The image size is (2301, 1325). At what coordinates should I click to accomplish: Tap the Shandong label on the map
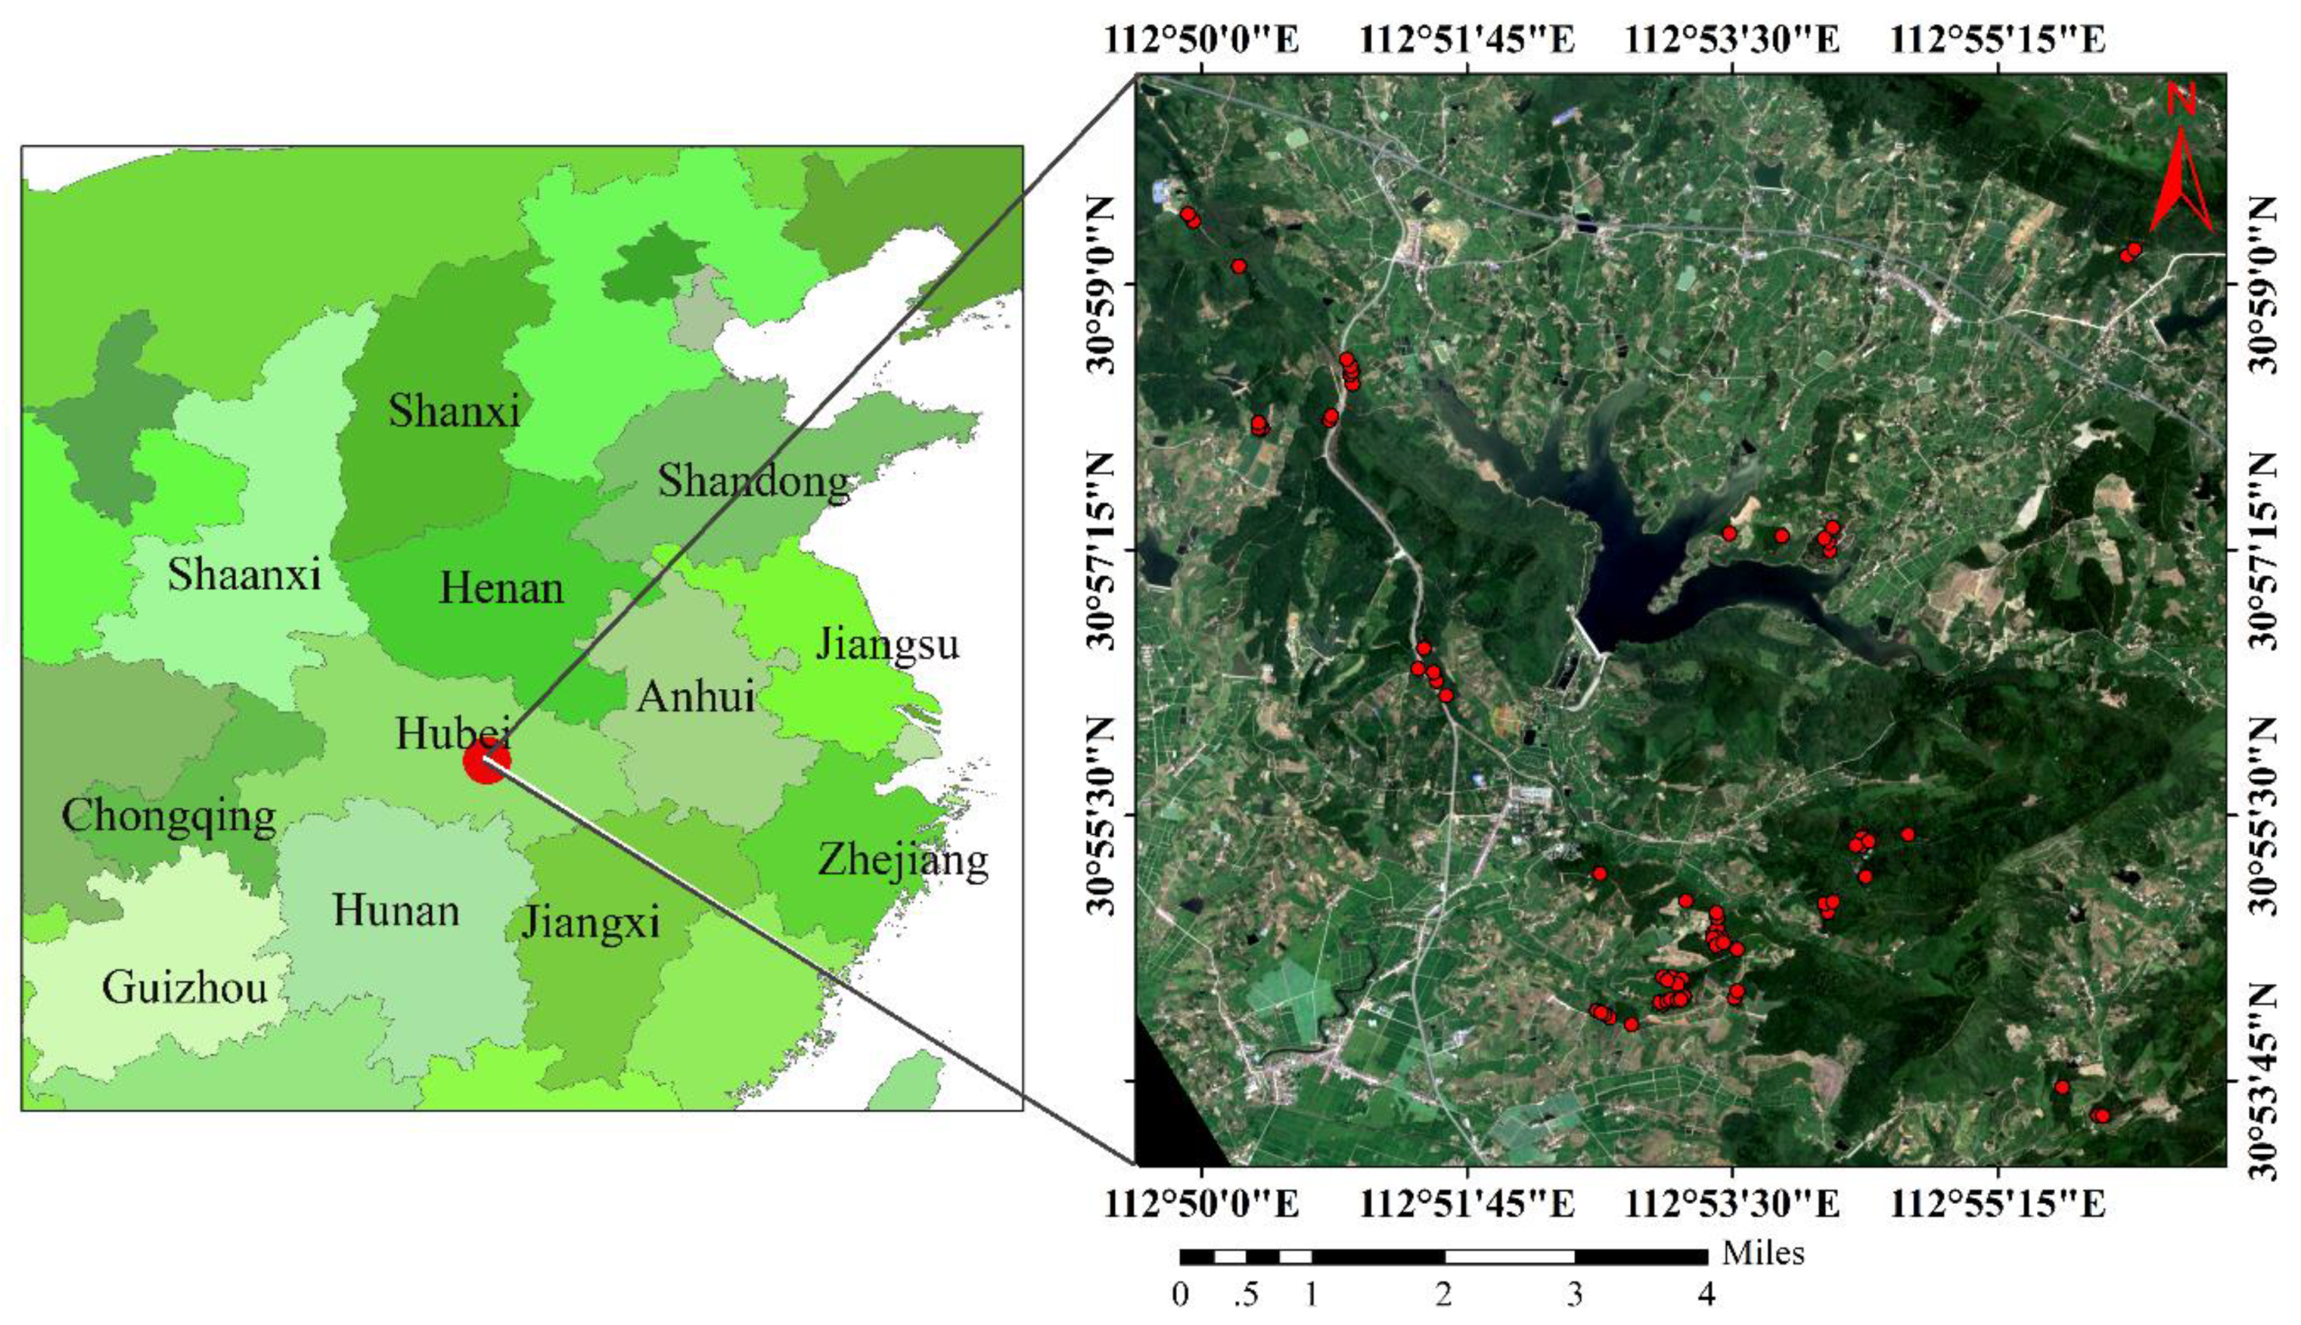pyautogui.click(x=753, y=481)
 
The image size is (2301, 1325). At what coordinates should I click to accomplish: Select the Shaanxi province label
pyautogui.click(x=244, y=576)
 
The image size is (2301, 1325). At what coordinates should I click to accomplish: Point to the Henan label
pyautogui.click(x=502, y=589)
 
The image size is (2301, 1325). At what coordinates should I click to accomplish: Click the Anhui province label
pyautogui.click(x=695, y=697)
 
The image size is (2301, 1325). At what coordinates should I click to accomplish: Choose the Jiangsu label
pyautogui.click(x=886, y=645)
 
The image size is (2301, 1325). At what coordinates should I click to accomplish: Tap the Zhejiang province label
pyautogui.click(x=902, y=860)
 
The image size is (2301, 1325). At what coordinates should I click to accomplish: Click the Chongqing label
pyautogui.click(x=169, y=816)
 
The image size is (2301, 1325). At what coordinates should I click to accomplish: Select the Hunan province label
pyautogui.click(x=396, y=911)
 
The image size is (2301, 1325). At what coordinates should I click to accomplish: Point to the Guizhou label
pyautogui.click(x=185, y=987)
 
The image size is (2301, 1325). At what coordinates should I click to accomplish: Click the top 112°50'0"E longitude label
pyautogui.click(x=1203, y=40)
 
